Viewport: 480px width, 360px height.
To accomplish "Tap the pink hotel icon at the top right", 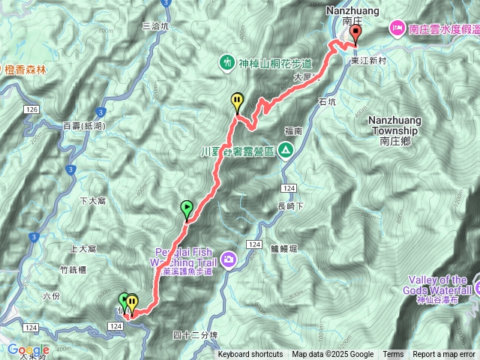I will click(396, 29).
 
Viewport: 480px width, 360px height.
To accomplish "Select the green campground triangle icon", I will click(286, 151).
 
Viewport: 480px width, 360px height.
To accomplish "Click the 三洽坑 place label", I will click(156, 25).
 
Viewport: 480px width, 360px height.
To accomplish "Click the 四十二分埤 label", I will click(193, 335).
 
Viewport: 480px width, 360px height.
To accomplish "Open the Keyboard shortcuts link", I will click(250, 355).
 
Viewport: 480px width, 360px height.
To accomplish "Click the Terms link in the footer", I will click(393, 355).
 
